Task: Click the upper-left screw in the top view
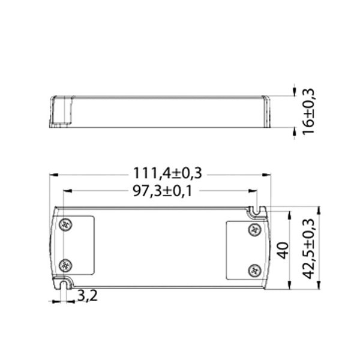click(x=65, y=224)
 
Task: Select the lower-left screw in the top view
click(x=65, y=265)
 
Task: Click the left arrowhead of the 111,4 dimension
click(x=54, y=175)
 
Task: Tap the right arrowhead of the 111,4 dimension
click(x=267, y=175)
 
